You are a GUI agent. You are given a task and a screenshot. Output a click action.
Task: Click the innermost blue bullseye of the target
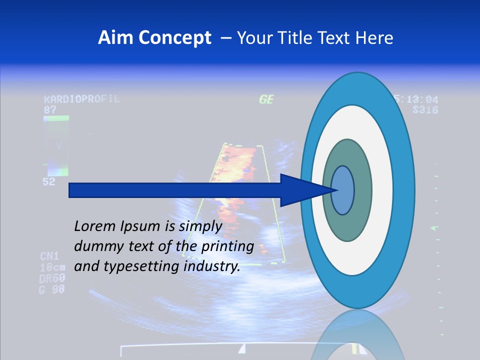click(342, 190)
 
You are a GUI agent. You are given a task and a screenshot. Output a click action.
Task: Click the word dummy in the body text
click(95, 246)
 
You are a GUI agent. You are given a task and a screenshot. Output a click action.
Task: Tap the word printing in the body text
click(227, 247)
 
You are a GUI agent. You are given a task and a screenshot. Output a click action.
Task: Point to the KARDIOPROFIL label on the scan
click(82, 99)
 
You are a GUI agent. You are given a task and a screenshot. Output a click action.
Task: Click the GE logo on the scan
click(266, 99)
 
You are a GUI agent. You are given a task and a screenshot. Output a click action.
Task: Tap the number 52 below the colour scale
click(48, 182)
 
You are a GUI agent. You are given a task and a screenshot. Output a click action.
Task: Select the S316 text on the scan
click(425, 109)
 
